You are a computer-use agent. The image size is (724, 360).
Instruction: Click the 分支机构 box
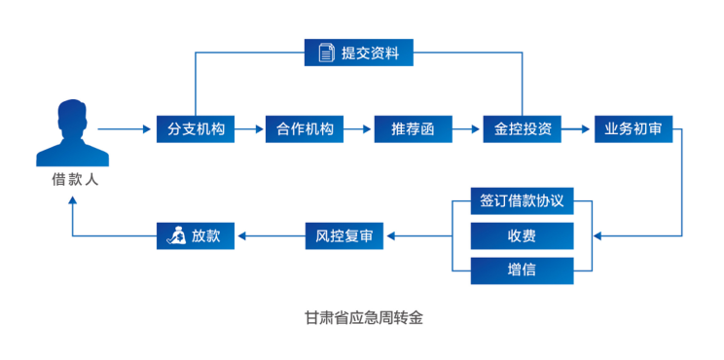point(196,129)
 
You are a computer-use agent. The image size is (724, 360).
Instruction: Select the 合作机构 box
point(305,129)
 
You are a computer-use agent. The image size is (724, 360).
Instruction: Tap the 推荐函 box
point(414,129)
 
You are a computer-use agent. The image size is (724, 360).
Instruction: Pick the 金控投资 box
point(523,129)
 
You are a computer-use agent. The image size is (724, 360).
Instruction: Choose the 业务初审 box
point(633,129)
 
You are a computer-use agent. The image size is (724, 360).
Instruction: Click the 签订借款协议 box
point(523,200)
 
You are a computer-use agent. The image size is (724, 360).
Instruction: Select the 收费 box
point(523,235)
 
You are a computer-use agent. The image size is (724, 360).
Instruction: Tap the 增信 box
point(523,270)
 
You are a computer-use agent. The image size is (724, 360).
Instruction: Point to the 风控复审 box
point(344,236)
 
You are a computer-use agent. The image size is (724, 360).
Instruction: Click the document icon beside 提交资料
point(327,53)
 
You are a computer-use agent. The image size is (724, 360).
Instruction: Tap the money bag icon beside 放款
point(177,236)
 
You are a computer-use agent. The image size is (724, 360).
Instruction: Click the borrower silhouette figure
point(72,133)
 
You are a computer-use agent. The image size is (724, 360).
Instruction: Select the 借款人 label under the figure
point(74,180)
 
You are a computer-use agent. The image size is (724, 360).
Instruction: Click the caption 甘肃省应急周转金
point(363,318)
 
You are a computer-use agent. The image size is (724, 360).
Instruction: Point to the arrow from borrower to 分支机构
point(125,129)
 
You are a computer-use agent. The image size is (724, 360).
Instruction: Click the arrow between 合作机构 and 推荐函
point(357,129)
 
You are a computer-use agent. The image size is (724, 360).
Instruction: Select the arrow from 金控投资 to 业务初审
point(577,129)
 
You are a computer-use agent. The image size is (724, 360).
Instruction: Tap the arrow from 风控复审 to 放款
point(271,236)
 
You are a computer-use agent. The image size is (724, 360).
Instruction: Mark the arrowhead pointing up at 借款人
point(72,200)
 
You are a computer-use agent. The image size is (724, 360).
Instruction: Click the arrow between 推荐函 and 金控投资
point(466,129)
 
